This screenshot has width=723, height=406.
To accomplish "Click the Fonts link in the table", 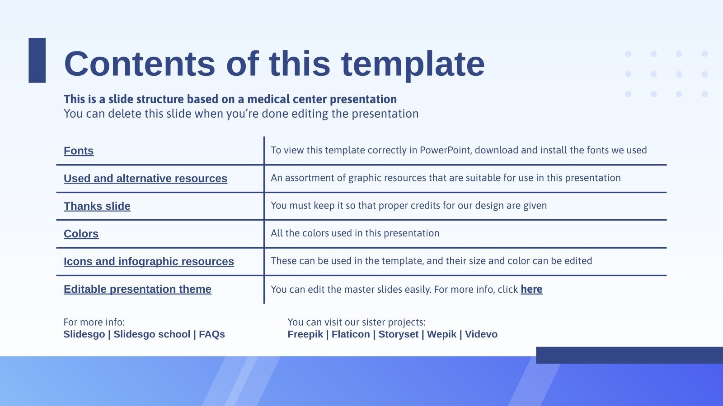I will tap(79, 151).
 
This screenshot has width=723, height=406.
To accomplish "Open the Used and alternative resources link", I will tap(145, 178).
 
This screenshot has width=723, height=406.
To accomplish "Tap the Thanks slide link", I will tap(97, 206).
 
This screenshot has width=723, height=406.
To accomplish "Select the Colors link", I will tap(81, 234).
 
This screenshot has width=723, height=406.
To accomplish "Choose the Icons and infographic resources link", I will tap(149, 261).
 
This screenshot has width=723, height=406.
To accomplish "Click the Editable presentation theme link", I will tap(137, 289).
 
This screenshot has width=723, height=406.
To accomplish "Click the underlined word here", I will tap(531, 289).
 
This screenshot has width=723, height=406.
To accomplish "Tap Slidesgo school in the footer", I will tap(152, 334).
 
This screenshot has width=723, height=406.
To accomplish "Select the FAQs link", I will tap(212, 334).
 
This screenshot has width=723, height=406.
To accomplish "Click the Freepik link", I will tap(305, 334).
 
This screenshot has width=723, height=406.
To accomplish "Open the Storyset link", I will tap(398, 334).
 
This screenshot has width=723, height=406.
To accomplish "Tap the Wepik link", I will tap(441, 334).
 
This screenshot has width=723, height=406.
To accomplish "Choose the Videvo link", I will tap(481, 334).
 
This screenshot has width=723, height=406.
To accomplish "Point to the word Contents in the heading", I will tap(139, 64).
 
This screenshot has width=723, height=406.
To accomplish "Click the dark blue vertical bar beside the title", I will tap(37, 60).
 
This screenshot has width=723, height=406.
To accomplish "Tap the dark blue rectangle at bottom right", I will tap(629, 355).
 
